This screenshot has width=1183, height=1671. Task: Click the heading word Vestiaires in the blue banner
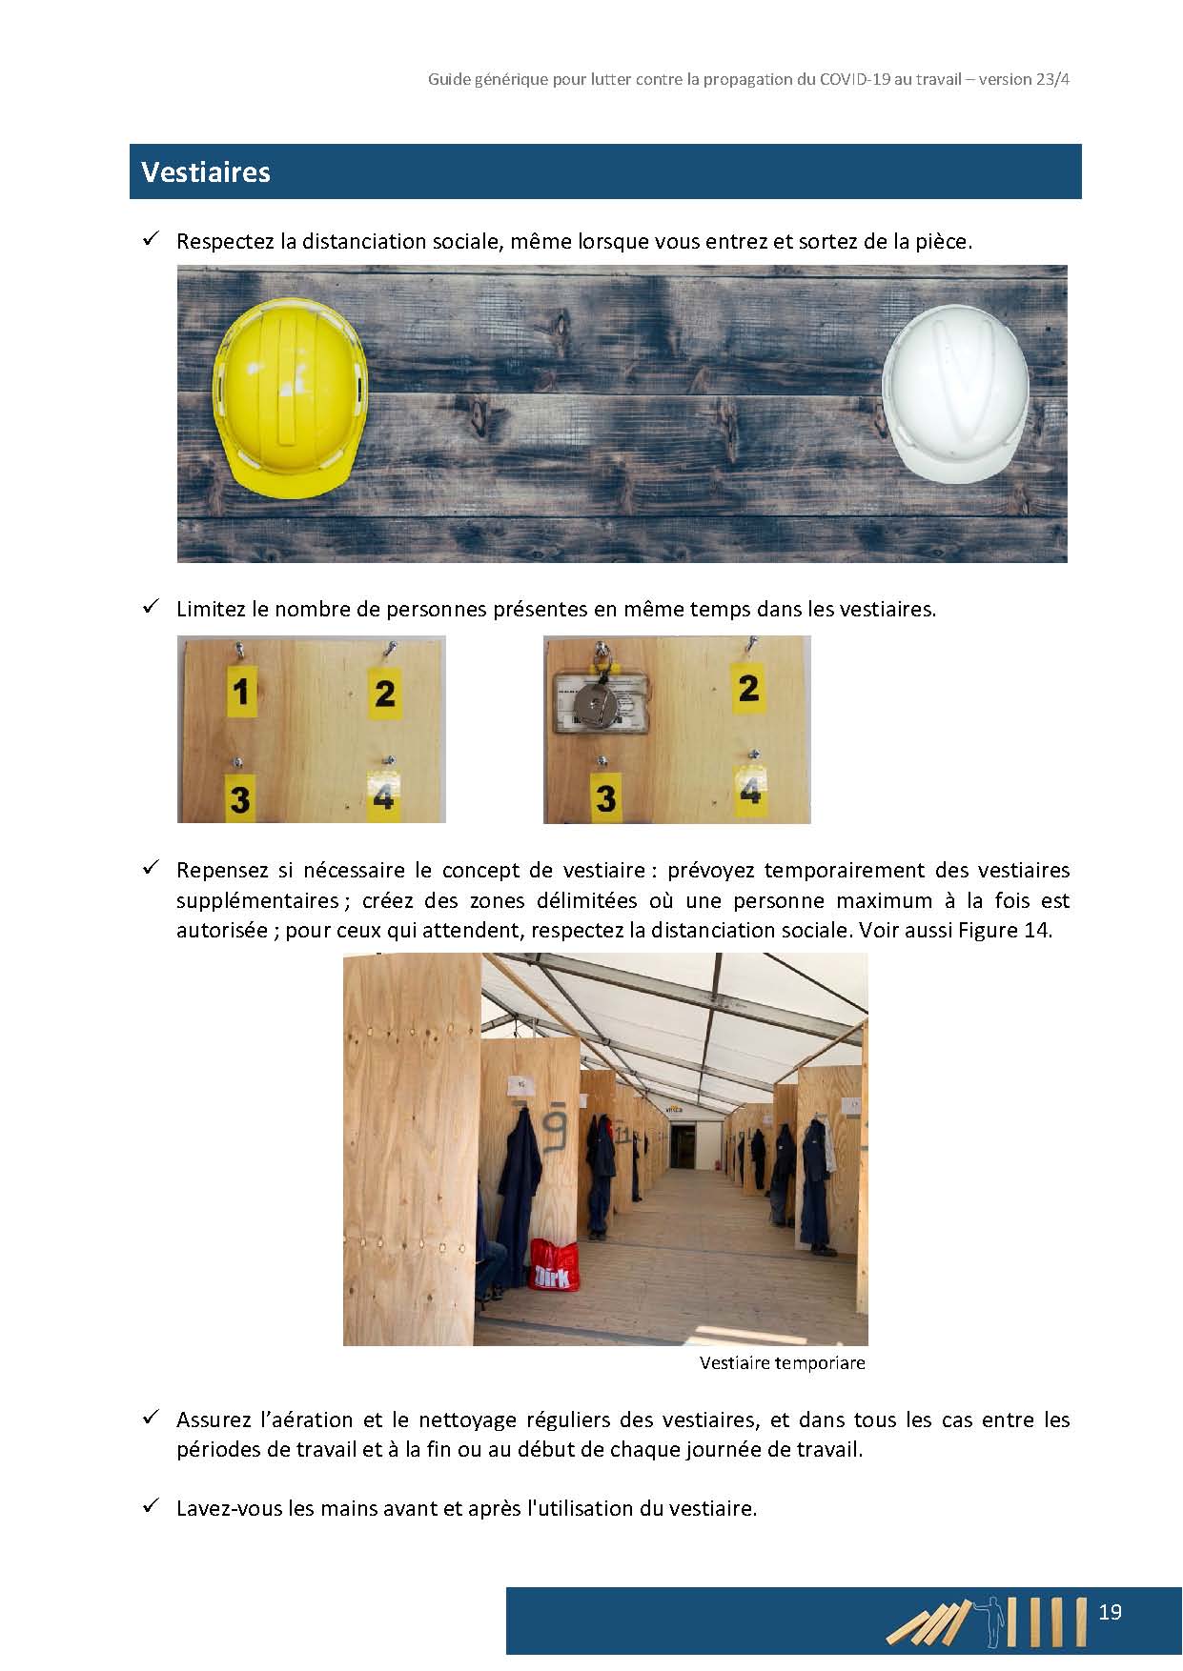tap(206, 172)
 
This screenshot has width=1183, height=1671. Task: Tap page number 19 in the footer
tap(1110, 1612)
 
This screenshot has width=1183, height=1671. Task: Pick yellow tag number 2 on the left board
tap(384, 693)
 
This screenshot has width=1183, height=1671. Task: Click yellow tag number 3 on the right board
tap(605, 796)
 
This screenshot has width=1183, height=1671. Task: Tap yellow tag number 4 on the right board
tap(750, 791)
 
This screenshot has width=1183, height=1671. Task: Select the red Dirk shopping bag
tap(554, 1265)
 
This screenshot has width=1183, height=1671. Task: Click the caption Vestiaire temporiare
tap(782, 1363)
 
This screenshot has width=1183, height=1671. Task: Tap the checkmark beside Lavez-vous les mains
tap(150, 1506)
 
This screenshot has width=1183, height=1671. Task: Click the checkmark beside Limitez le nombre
tap(150, 607)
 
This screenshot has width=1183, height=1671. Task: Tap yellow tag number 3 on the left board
tap(239, 798)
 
